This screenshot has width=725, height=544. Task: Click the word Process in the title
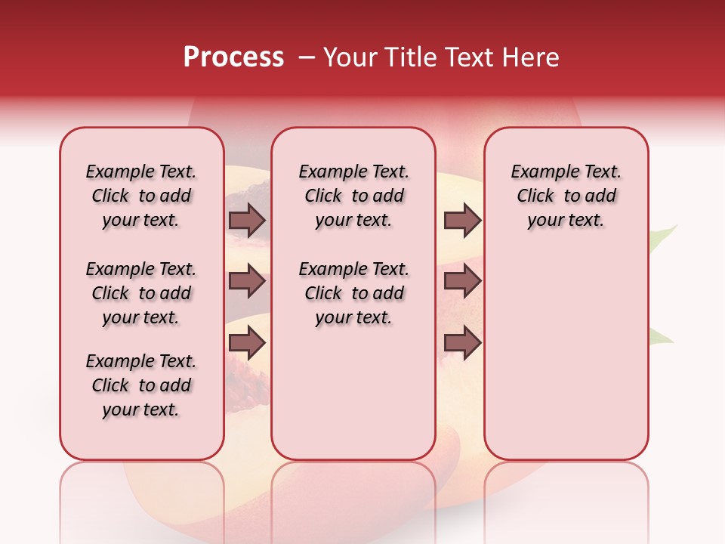pyautogui.click(x=233, y=57)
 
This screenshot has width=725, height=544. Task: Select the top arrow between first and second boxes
pyautogui.click(x=247, y=220)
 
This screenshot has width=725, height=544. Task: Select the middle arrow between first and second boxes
pyautogui.click(x=247, y=281)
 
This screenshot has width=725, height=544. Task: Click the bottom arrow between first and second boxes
pyautogui.click(x=247, y=343)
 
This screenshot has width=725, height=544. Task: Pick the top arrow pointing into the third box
pyautogui.click(x=462, y=220)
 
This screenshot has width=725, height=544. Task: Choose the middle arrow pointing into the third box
pyautogui.click(x=462, y=281)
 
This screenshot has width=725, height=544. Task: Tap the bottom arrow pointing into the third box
pyautogui.click(x=462, y=343)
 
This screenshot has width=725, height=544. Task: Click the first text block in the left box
pyautogui.click(x=141, y=196)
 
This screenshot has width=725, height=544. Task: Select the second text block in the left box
pyautogui.click(x=141, y=293)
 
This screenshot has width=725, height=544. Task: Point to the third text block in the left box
pyautogui.click(x=141, y=385)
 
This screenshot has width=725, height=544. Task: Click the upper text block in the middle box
pyautogui.click(x=353, y=196)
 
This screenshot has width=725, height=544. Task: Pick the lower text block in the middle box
pyautogui.click(x=353, y=293)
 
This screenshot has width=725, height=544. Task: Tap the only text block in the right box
pyautogui.click(x=566, y=196)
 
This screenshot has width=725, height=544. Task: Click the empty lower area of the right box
pyautogui.click(x=566, y=363)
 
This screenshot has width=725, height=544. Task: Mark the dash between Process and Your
pyautogui.click(x=307, y=58)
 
